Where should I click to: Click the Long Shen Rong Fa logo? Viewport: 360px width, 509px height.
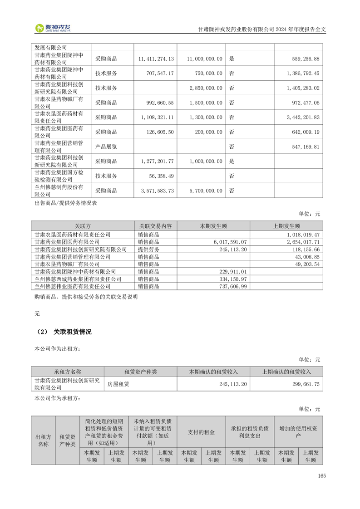pyautogui.click(x=53, y=28)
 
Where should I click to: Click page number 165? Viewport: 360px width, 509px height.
pyautogui.click(x=322, y=476)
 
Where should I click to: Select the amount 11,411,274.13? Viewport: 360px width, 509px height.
pyautogui.click(x=155, y=59)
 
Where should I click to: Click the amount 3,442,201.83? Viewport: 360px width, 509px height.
pyautogui.click(x=297, y=117)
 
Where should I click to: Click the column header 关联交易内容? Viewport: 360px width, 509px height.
pyautogui.click(x=155, y=226)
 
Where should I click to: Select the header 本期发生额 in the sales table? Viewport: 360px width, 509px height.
pyautogui.click(x=213, y=226)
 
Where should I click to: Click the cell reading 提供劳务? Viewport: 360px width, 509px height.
pyautogui.click(x=148, y=250)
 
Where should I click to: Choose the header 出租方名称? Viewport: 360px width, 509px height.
pyautogui.click(x=43, y=440)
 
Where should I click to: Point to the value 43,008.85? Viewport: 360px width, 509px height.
pyautogui.click(x=307, y=257)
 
